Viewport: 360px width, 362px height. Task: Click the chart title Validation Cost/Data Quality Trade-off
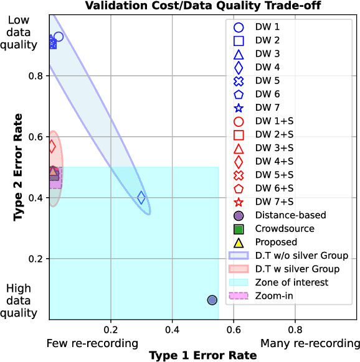coord(202,6)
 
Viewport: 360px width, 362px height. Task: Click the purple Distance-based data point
coord(212,300)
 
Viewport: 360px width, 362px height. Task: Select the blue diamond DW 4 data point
coord(141,198)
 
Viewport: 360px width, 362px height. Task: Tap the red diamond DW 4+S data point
coord(52,146)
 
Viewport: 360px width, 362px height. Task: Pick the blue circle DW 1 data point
coord(59,37)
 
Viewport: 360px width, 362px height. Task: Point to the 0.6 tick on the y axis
coord(38,137)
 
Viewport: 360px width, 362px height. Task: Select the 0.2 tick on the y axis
coord(38,259)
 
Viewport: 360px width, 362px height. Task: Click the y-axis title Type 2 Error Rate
coord(19,167)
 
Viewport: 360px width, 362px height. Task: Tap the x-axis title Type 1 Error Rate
coord(202,355)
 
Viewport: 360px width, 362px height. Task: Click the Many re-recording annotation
coord(310,343)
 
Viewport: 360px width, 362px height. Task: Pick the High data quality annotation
coord(21,301)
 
